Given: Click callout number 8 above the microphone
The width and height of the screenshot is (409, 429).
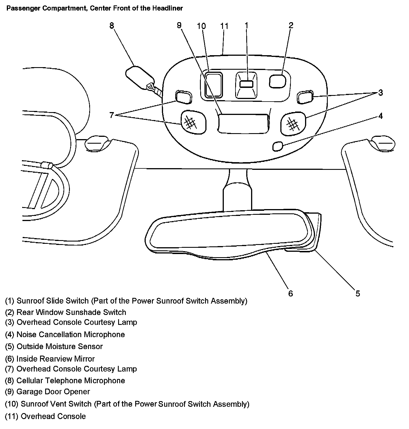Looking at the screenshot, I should coord(112,26).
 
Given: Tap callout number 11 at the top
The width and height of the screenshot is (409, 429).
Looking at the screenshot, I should coord(224,26).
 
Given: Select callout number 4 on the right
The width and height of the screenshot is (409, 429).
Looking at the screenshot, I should coord(380,116).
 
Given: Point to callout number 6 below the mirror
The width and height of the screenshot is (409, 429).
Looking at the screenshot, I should coord(290,293).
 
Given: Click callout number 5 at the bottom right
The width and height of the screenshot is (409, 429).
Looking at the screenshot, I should coord(358,293).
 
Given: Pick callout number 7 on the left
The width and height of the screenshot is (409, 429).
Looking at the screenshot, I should coord(112,115).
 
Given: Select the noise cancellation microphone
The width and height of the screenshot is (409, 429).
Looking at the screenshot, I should coord(278,146).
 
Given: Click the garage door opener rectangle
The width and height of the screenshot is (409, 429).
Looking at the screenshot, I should coord(243,123).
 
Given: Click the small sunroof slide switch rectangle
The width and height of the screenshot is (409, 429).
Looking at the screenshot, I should coord(246,84).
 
